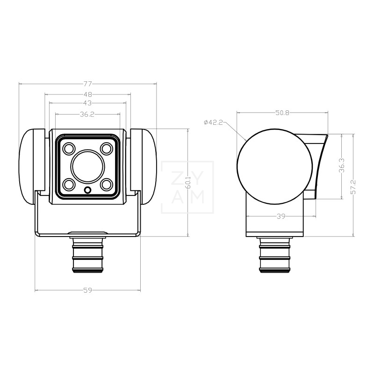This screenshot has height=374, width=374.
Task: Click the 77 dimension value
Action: tap(87, 84)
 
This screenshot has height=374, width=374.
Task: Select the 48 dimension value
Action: tap(87, 94)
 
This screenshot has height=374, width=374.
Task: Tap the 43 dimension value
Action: tap(87, 103)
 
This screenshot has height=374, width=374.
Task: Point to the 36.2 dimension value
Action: tap(87, 114)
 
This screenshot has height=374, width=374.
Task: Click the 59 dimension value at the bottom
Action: tap(87, 290)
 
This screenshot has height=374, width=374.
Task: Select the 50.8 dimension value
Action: tap(282, 113)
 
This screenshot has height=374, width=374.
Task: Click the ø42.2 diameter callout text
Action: tap(214, 122)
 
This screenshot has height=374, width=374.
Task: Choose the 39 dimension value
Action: tap(281, 216)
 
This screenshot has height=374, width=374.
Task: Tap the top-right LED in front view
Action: tap(106, 149)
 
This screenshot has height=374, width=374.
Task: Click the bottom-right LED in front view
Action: tap(106, 184)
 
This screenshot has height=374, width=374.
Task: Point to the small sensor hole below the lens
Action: tap(87, 190)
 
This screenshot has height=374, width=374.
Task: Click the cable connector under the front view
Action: tap(87, 255)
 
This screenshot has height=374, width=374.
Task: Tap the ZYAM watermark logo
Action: tap(187, 187)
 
